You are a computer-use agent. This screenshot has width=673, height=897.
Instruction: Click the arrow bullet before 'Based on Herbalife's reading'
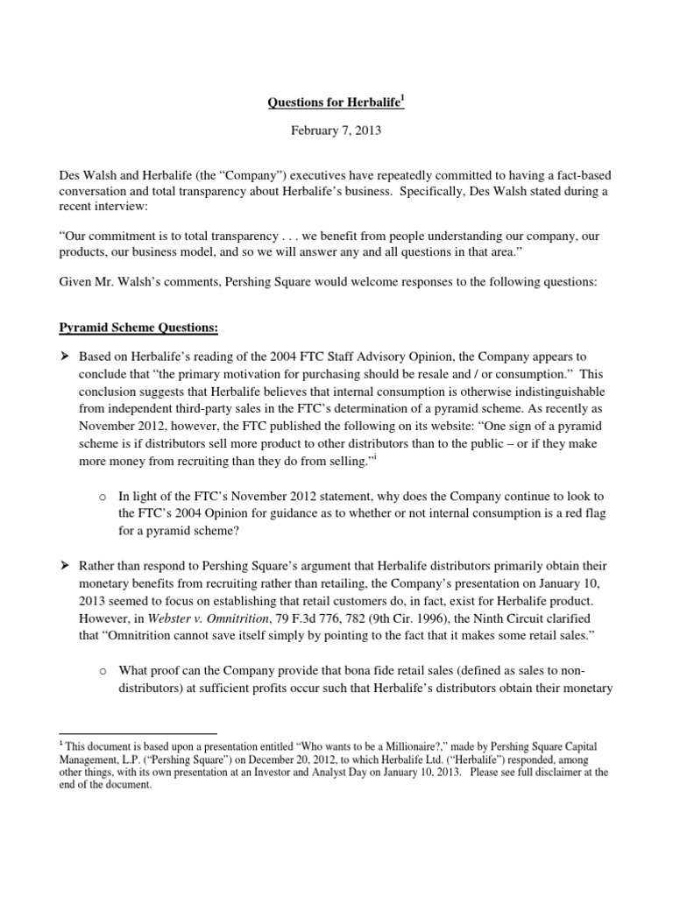tap(63, 358)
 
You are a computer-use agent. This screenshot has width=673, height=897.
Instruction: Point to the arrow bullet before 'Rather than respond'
tap(63, 567)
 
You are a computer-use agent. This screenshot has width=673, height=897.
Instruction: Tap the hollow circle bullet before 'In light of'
tap(103, 498)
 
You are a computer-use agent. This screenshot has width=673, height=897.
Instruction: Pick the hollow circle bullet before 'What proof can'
tap(103, 672)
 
